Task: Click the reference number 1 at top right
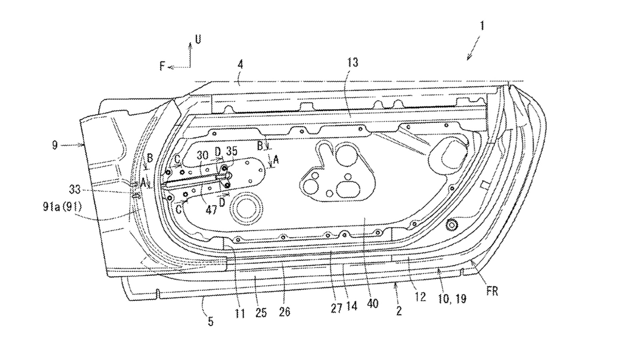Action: (482, 26)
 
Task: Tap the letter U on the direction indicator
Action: (197, 39)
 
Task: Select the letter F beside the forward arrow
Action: (162, 66)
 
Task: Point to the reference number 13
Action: (353, 62)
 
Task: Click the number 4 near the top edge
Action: (240, 64)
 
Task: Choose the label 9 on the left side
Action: (55, 145)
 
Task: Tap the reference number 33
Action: (75, 189)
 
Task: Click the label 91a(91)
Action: (62, 206)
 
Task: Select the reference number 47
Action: (211, 210)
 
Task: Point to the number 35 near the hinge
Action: (231, 151)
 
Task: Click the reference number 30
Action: (202, 155)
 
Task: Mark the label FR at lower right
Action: (492, 291)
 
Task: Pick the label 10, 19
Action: (452, 299)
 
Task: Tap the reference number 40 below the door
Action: (372, 303)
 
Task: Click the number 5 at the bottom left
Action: (210, 322)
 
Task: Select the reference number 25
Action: (261, 313)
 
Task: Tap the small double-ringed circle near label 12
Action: (451, 225)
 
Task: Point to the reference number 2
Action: (399, 310)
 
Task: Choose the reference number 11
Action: (240, 313)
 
